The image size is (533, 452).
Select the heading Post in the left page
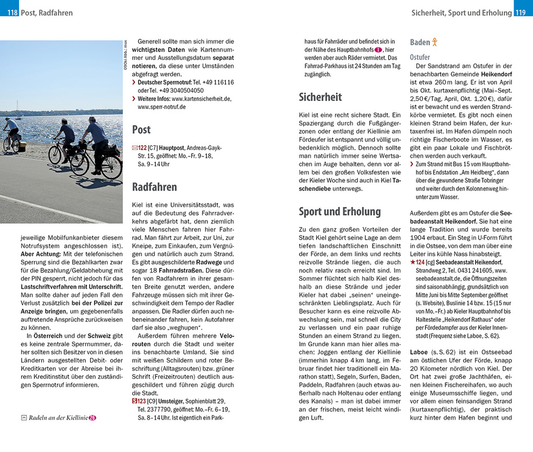point(141,130)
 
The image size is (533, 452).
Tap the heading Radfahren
point(154,187)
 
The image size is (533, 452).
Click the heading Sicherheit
point(320,97)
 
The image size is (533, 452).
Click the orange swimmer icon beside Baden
point(435,42)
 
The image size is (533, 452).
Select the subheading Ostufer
point(420,57)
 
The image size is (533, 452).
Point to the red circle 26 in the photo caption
point(92,417)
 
